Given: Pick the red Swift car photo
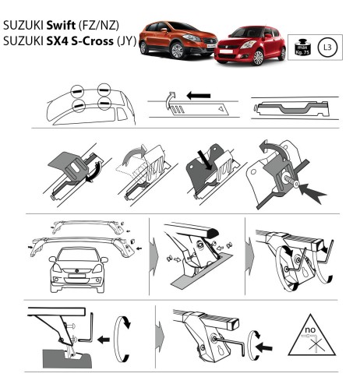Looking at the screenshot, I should click(x=247, y=46).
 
